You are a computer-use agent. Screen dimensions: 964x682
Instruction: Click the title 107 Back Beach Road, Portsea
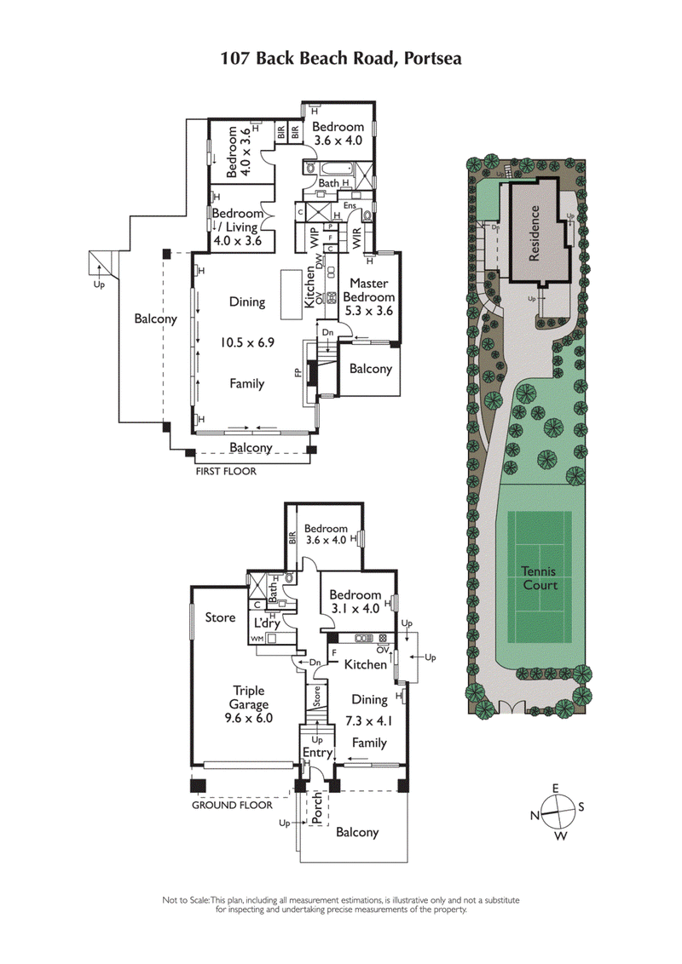point(341,59)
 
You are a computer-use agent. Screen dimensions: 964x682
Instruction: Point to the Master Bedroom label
point(368,290)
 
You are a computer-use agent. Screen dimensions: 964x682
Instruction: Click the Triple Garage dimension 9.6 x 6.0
point(247,718)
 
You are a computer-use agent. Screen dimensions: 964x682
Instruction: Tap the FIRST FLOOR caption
point(226,471)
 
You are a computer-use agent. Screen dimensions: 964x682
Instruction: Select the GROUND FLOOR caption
point(232,805)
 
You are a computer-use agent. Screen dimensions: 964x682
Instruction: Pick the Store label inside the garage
point(220,617)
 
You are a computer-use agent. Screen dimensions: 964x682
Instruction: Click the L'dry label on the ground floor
point(268,623)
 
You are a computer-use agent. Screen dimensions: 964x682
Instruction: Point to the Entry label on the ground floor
point(317,753)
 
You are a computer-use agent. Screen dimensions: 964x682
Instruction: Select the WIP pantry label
point(313,237)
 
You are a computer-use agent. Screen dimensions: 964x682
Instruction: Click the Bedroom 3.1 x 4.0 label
point(355,601)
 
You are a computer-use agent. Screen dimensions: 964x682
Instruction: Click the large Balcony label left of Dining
point(156,319)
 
